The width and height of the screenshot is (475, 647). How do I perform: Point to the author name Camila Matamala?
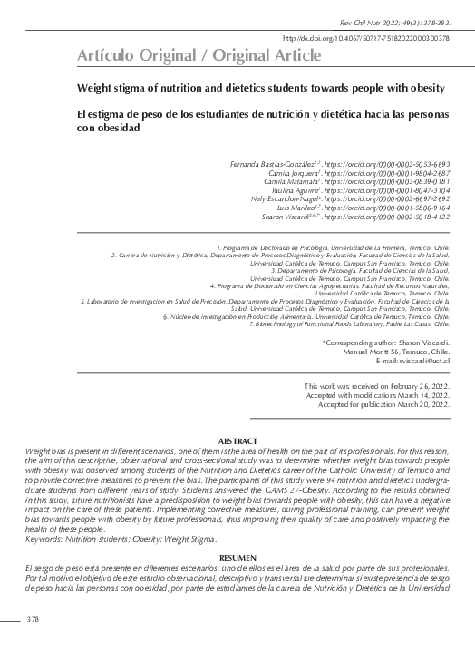(x=297, y=183)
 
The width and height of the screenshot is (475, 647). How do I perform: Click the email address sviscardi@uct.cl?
(x=420, y=362)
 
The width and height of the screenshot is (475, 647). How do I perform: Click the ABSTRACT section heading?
(x=237, y=441)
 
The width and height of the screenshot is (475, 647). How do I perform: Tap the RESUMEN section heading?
(x=237, y=557)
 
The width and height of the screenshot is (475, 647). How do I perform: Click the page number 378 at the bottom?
(x=33, y=620)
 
